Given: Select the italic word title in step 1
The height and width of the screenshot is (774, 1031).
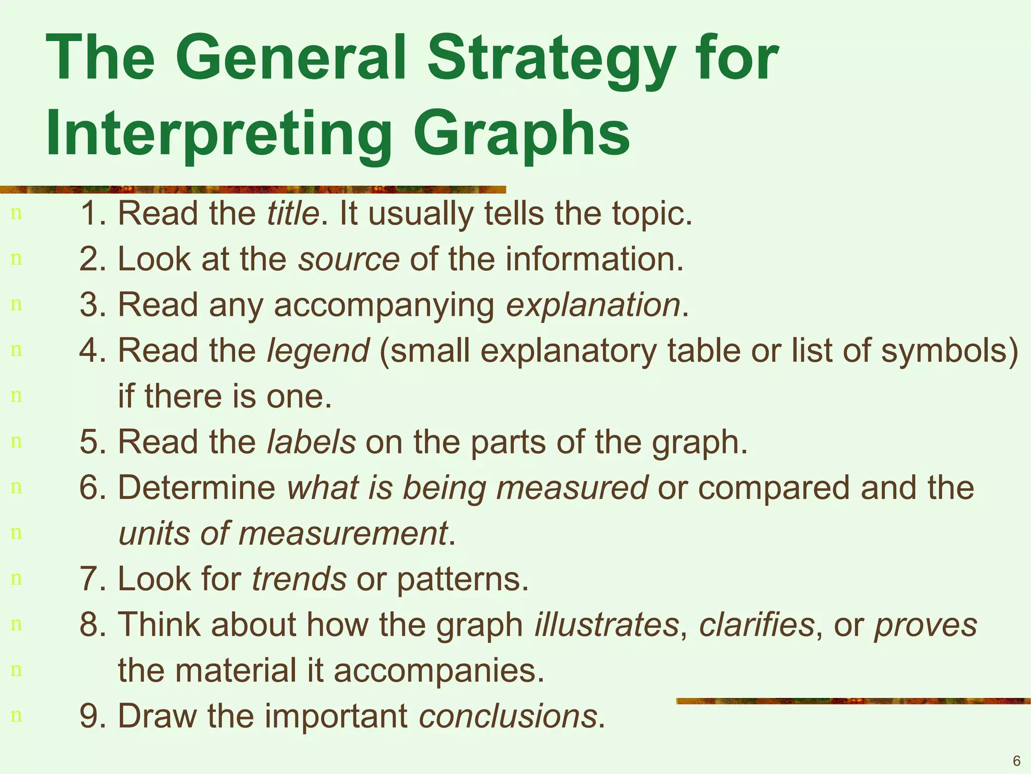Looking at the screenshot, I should (293, 213).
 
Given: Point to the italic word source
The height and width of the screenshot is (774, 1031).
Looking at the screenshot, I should (349, 259).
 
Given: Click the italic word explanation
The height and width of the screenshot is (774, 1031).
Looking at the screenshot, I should (593, 305).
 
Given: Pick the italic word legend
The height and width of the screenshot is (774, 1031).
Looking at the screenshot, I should (318, 350).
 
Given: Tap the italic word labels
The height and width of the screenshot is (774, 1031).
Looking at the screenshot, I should (311, 442).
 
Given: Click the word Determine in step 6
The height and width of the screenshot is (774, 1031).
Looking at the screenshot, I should (196, 487).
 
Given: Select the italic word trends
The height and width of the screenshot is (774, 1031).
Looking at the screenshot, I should (299, 578).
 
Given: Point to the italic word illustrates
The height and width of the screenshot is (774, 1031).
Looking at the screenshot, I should (607, 624).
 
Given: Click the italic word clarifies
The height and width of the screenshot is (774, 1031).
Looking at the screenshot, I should (757, 624).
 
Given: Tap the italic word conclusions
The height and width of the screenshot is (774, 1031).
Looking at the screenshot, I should (507, 716).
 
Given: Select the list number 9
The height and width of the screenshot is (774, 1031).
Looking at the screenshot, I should (90, 716).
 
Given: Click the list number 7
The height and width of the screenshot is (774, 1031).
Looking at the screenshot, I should (90, 578).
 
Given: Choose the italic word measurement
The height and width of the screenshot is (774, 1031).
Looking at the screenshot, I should (342, 533).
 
